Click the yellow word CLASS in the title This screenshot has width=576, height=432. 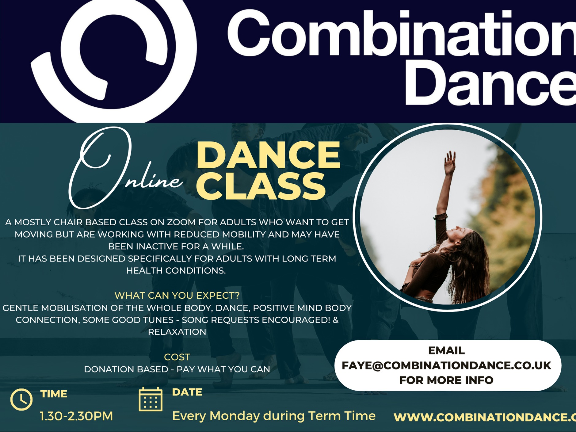[x=260, y=186]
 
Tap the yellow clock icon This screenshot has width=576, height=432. [x=21, y=400]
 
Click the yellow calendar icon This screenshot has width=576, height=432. [x=151, y=399]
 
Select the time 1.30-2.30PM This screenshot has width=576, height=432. [x=76, y=416]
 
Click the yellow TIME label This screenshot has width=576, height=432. [x=54, y=394]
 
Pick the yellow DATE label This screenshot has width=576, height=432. [x=187, y=392]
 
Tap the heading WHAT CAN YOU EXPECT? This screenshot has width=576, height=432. [x=177, y=295]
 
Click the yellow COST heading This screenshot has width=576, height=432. [x=177, y=357]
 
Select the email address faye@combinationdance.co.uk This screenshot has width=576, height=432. [x=446, y=365]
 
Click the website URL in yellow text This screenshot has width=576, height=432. [x=485, y=417]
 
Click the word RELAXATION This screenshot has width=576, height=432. [x=177, y=332]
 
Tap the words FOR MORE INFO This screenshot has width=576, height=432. [x=446, y=380]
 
